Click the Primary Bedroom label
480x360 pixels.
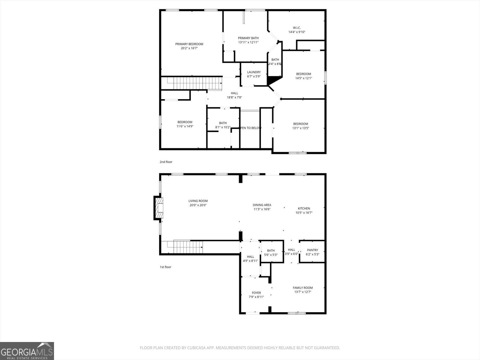189,44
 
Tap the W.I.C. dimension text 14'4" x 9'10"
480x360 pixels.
297,32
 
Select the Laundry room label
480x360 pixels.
254,72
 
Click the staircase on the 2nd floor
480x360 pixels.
191,83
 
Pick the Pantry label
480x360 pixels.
312,250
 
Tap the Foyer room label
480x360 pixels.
256,292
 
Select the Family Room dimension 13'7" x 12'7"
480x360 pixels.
303,292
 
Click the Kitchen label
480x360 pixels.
304,208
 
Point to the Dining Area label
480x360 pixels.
262,205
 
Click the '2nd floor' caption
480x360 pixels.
166,162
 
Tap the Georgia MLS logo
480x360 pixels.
27,351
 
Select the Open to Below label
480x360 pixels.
250,128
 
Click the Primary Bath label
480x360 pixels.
248,38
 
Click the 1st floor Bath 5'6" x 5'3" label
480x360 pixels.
271,250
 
